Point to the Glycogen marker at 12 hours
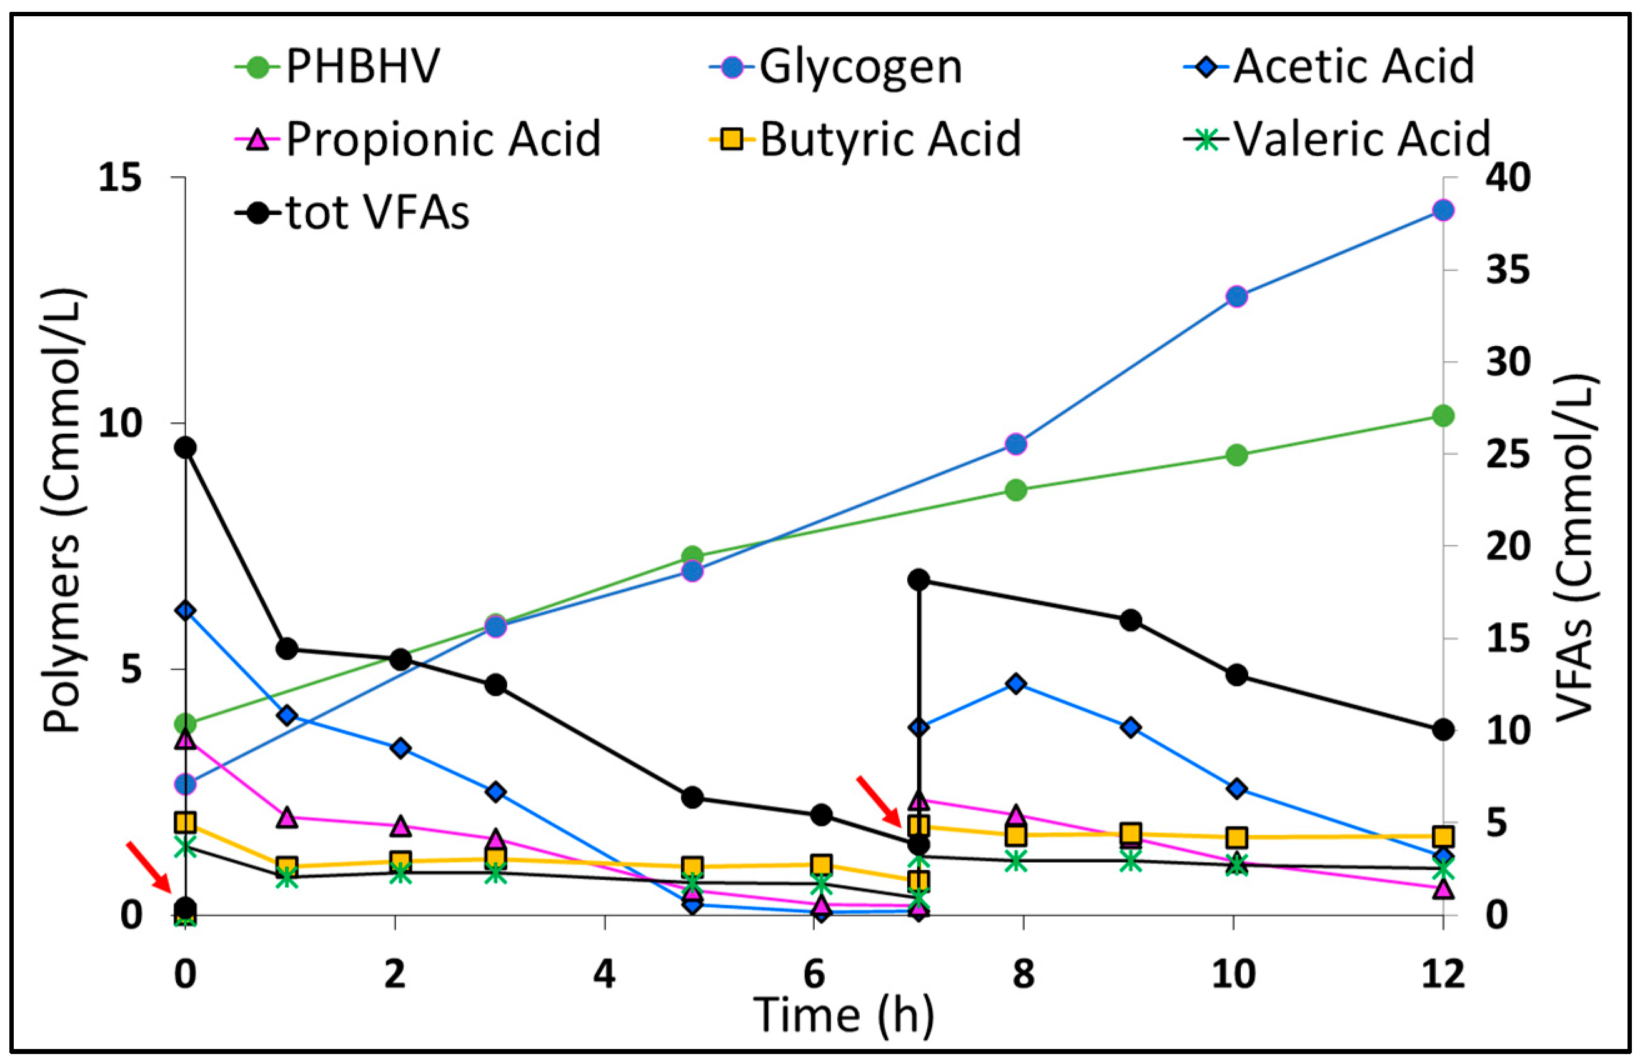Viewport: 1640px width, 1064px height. [1444, 210]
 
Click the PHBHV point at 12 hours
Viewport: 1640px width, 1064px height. [1444, 416]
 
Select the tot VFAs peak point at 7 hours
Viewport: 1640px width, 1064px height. [918, 580]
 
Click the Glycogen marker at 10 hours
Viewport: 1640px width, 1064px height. [1237, 297]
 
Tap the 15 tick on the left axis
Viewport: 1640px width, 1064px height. [122, 179]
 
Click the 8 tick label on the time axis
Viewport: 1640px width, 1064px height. [1023, 975]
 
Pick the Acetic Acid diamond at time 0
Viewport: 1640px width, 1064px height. [186, 610]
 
